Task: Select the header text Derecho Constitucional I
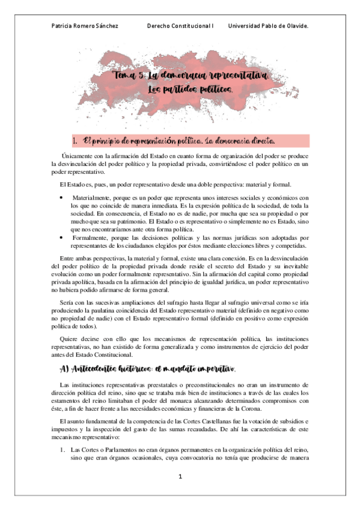click(180, 26)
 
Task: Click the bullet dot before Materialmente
click(62, 197)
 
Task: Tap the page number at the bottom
click(179, 477)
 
